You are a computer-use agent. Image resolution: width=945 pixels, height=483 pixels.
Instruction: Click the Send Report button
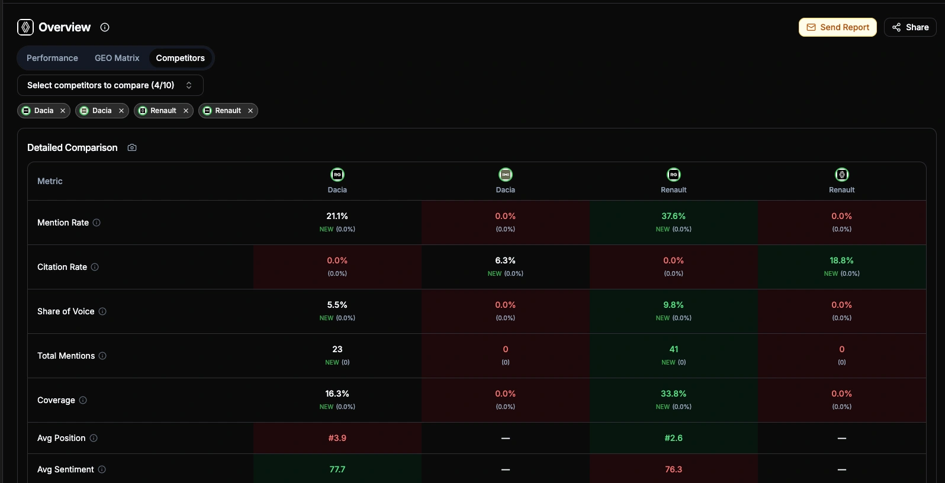[837, 27]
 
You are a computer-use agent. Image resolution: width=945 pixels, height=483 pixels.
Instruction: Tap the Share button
[910, 27]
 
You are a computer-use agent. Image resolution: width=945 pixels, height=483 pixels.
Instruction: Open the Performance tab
[52, 58]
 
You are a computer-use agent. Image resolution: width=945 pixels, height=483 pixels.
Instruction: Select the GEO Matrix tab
[117, 58]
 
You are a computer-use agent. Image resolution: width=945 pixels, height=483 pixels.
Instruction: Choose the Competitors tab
[180, 58]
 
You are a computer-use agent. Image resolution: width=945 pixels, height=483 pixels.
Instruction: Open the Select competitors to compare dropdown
[110, 85]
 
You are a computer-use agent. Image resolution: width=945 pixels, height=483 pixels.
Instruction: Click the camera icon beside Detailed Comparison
[132, 147]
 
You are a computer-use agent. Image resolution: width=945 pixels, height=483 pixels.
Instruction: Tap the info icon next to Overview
[105, 27]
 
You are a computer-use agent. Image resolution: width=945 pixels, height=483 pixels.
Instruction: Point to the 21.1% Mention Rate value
[337, 216]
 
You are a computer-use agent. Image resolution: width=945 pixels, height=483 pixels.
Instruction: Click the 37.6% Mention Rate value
[673, 216]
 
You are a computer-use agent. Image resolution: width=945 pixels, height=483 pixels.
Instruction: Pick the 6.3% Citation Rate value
[505, 260]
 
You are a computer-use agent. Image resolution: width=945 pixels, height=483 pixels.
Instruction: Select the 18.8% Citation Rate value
[841, 260]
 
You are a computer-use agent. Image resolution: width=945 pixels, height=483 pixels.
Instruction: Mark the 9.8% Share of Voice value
[673, 305]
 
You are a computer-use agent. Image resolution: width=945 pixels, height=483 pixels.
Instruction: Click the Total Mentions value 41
[673, 349]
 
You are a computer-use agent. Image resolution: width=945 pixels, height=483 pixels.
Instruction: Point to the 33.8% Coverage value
[673, 394]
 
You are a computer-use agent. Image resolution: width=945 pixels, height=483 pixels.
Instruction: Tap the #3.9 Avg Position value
[337, 438]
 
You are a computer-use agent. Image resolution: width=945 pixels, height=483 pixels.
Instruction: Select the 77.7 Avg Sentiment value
[337, 469]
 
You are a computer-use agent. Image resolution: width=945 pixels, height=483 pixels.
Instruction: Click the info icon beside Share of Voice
[102, 311]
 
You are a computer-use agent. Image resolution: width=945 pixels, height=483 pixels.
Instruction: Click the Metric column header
[50, 181]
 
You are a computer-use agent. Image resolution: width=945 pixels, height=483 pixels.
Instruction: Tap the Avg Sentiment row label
[65, 469]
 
